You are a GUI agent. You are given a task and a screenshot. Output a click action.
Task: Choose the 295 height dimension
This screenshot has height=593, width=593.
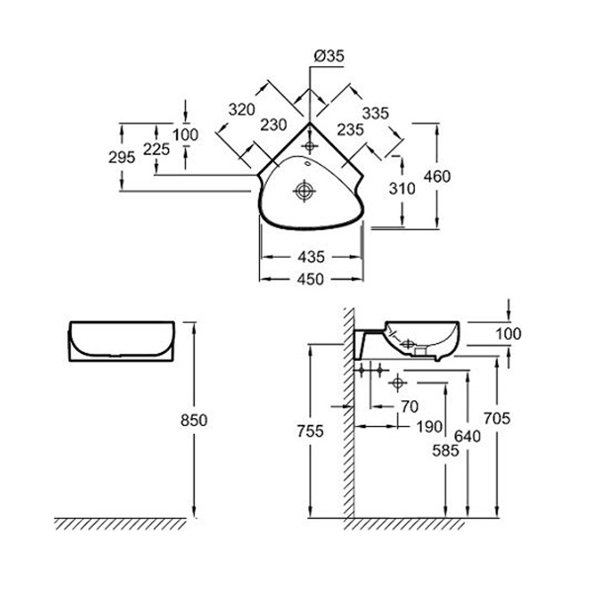(x=122, y=156)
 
